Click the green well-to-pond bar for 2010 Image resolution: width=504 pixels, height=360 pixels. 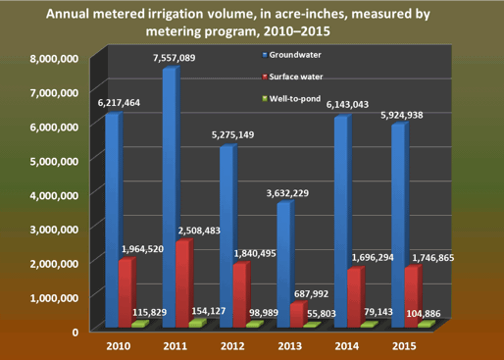click(139, 324)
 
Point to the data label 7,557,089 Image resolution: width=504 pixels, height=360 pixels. click(174, 58)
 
